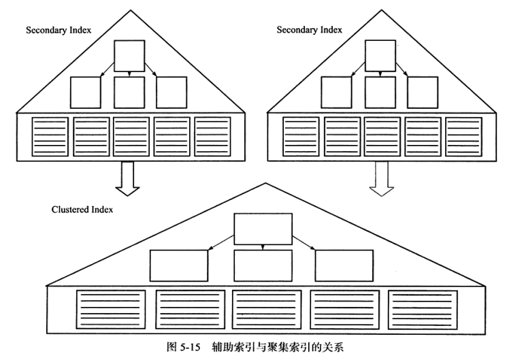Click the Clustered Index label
pos(82,210)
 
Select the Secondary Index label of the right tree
pos(308,31)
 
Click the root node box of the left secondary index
pos(129,56)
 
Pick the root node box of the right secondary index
pos(380,56)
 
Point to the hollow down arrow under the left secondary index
pos(127,175)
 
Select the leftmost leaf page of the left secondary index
pos(50,137)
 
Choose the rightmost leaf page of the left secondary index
pos(214,137)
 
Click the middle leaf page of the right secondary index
pos(382,137)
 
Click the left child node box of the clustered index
pos(179,266)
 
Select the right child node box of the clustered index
pos(344,266)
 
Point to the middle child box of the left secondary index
pos(129,93)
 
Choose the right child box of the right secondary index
pos(423,93)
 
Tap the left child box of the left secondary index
pos(86,93)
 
